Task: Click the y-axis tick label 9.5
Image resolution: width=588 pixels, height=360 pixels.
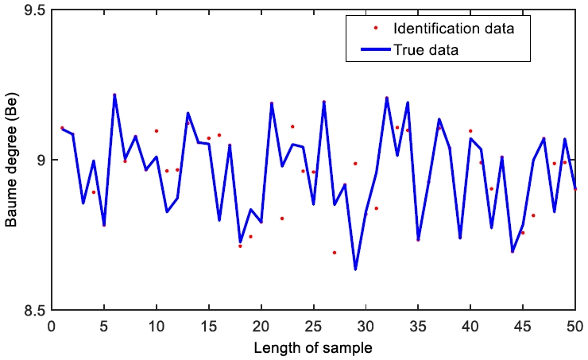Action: tap(33, 11)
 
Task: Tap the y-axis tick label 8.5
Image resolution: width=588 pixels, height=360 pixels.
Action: tap(33, 310)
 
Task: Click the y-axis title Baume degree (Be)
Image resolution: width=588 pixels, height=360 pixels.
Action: tap(11, 161)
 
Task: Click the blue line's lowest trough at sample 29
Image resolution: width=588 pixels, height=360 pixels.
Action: tap(355, 269)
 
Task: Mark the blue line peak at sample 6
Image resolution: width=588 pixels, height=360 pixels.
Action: tap(114, 95)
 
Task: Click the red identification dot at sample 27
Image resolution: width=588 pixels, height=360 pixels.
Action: tap(335, 252)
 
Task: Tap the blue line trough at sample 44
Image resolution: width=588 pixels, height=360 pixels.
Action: tap(513, 251)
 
